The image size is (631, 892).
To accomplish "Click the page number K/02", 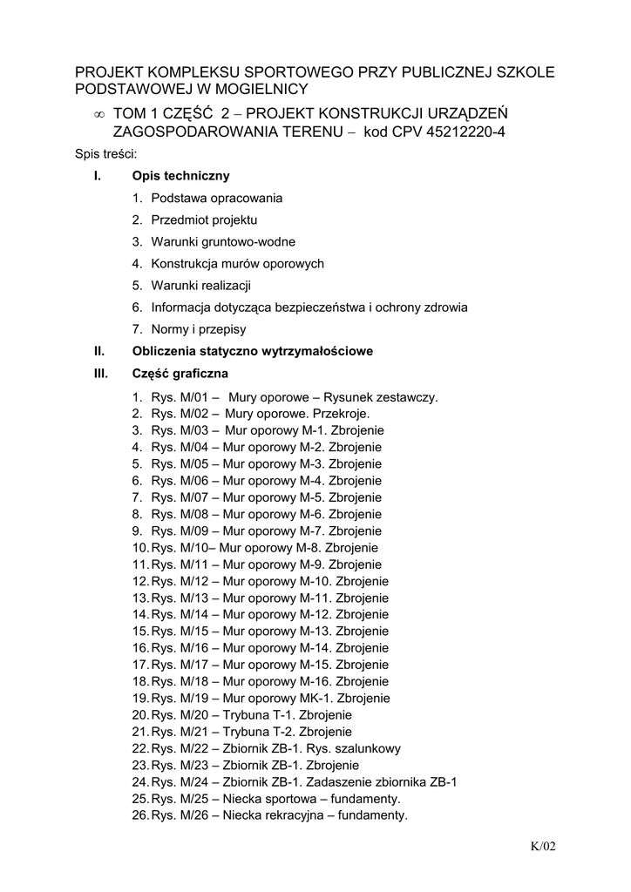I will [x=542, y=846].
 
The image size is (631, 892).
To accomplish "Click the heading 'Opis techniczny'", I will [x=181, y=176].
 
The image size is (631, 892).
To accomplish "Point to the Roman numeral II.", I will [x=99, y=351].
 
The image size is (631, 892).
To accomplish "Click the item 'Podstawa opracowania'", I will [x=216, y=198].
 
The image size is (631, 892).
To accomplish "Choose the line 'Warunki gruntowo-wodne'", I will [x=223, y=241].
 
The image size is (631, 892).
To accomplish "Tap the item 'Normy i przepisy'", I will [x=198, y=329].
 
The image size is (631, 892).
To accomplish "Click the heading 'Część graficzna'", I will [x=180, y=374].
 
